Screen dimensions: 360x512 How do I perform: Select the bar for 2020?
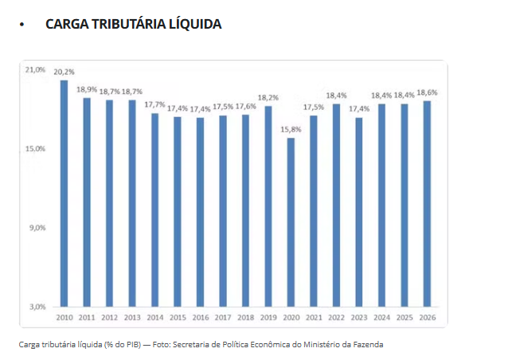click(x=291, y=222)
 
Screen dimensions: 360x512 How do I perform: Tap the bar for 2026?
click(x=427, y=204)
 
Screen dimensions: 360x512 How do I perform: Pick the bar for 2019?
click(x=268, y=206)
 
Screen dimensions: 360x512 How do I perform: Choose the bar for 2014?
click(x=154, y=209)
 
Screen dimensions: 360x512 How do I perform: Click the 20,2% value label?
click(x=64, y=72)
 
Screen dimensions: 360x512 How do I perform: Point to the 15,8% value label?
click(x=291, y=129)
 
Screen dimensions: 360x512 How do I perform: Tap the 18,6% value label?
click(x=427, y=92)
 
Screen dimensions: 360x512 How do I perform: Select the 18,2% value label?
click(x=268, y=97)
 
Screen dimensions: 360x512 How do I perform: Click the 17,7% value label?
click(x=154, y=104)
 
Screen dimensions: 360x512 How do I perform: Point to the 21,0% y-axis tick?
click(x=36, y=70)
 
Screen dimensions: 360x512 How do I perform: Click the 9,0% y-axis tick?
click(x=37, y=228)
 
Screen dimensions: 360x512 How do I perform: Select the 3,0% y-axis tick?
click(x=37, y=307)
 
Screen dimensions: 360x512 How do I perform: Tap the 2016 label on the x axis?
click(x=200, y=317)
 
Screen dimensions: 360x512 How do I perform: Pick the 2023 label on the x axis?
click(x=358, y=317)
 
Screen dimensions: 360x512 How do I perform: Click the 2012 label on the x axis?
click(x=109, y=317)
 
